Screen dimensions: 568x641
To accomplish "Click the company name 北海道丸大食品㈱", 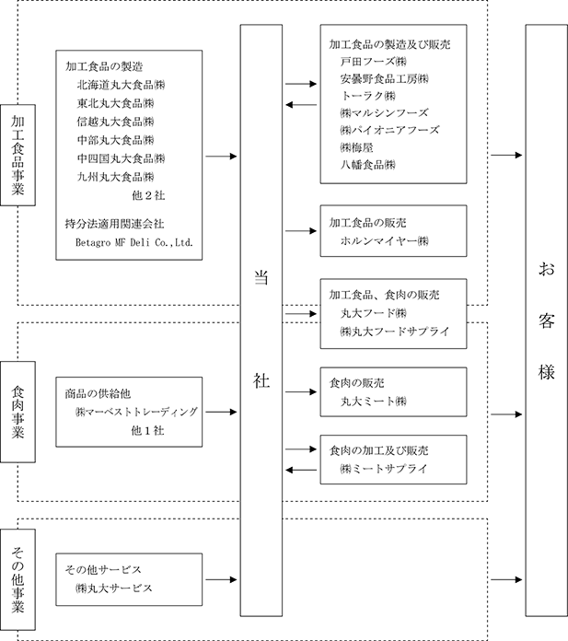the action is click(x=121, y=85).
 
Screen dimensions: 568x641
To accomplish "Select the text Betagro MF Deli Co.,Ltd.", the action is click(x=134, y=242).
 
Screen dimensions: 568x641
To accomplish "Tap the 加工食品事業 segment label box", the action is click(x=18, y=155).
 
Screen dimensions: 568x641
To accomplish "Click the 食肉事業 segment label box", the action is click(x=18, y=412).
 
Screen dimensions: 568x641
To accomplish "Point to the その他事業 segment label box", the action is click(x=18, y=579).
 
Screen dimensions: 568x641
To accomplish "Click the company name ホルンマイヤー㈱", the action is click(x=385, y=240).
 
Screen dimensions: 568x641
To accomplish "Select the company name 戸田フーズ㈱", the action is click(x=374, y=62).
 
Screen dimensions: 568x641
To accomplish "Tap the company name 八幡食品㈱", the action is click(x=368, y=164).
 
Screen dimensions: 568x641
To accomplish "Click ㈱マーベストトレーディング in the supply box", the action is click(x=136, y=412).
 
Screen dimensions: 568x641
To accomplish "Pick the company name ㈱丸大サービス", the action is click(x=114, y=589).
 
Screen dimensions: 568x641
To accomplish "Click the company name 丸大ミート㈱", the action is click(x=374, y=401).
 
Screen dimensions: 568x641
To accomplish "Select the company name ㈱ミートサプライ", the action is click(x=384, y=469).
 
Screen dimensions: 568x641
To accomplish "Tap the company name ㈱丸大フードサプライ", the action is click(x=395, y=332).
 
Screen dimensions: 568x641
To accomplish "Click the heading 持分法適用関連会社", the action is click(x=114, y=224).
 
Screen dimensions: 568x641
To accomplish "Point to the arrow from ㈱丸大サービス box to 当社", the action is click(x=221, y=579).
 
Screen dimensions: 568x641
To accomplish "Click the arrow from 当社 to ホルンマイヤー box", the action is click(x=301, y=231).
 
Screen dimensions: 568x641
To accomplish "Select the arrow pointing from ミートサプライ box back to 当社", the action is click(x=301, y=470).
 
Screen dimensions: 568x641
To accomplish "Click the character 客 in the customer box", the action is click(x=546, y=320).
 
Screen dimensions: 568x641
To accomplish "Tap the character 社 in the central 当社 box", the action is click(x=261, y=380).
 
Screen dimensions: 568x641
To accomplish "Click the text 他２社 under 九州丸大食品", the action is click(x=148, y=195).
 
